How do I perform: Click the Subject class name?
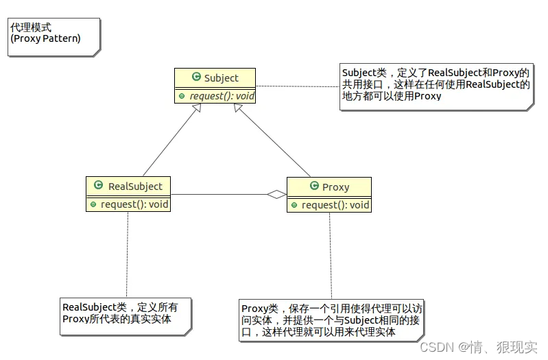221,78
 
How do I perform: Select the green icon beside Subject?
196,78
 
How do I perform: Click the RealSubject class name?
135,186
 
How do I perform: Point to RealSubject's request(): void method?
134,204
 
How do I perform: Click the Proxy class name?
335,187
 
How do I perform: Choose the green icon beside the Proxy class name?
314,187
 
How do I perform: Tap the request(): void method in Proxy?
335,205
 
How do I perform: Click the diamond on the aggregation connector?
276,195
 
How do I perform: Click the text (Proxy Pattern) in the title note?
45,38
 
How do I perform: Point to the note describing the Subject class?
436,84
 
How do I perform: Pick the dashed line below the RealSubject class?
127,254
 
